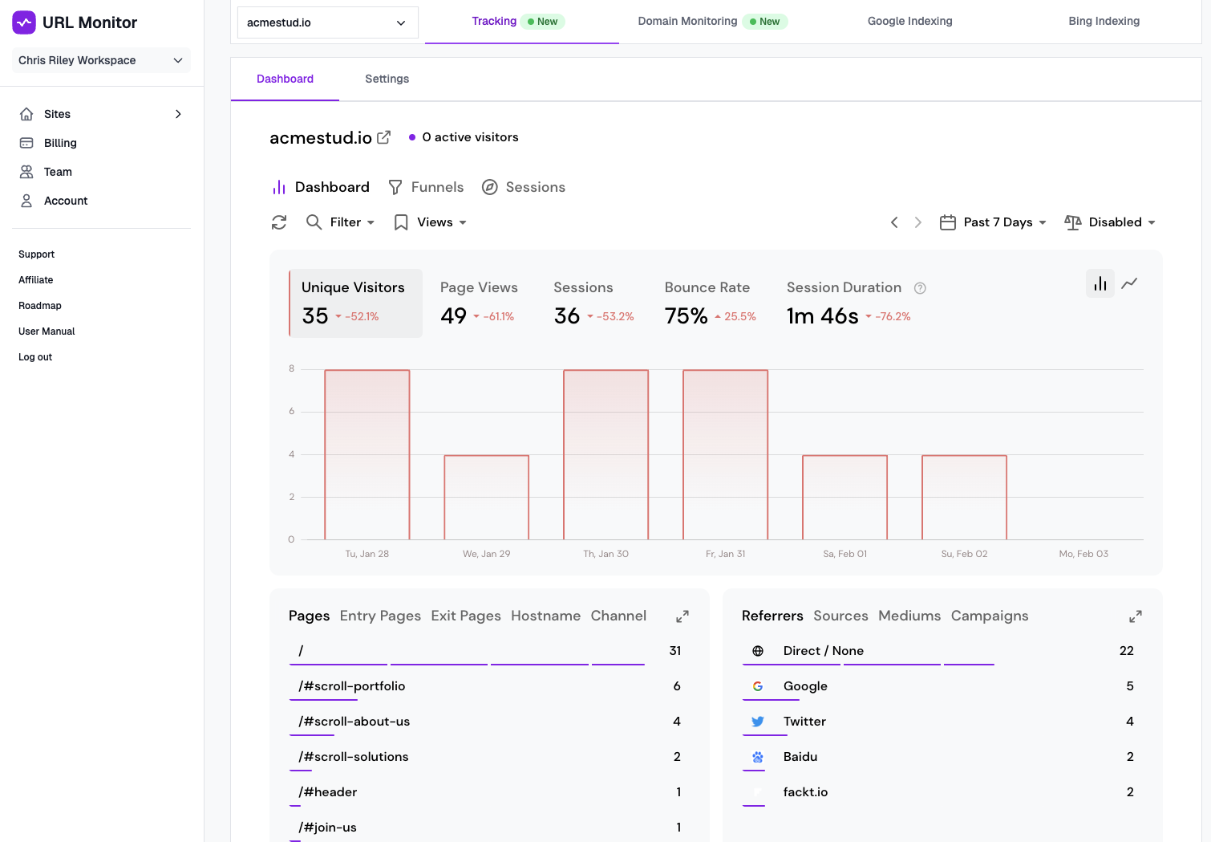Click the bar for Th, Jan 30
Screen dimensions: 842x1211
(605, 454)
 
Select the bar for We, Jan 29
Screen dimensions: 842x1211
(486, 497)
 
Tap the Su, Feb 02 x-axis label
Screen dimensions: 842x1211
(964, 554)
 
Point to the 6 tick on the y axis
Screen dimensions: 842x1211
(291, 411)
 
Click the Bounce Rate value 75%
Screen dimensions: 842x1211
(686, 316)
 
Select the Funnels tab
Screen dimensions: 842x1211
(426, 187)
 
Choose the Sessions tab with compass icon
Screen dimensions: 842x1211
(524, 187)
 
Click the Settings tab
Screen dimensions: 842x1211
(387, 79)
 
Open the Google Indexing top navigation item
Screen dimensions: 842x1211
(909, 21)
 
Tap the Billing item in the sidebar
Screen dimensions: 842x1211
(60, 143)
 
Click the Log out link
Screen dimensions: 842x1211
(35, 357)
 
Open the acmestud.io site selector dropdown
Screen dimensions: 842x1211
(327, 22)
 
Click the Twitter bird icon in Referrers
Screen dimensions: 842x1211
(757, 722)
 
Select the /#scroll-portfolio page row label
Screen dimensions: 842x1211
(352, 686)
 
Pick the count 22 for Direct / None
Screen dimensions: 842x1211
(1126, 651)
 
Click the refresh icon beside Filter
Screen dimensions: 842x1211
(279, 222)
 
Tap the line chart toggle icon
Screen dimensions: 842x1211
(1129, 283)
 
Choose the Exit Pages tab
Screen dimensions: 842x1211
(465, 616)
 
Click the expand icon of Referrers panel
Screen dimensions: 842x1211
(1135, 616)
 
